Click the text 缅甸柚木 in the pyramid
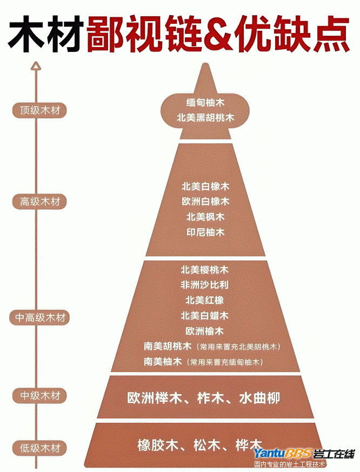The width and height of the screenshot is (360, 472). [205, 102]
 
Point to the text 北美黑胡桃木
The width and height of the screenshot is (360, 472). [205, 117]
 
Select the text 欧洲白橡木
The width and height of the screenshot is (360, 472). [205, 201]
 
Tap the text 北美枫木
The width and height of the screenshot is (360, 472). [205, 216]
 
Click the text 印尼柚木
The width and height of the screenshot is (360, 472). [205, 232]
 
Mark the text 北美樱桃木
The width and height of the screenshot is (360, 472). [205, 269]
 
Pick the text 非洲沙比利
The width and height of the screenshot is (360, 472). [205, 284]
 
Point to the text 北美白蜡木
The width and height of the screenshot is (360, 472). [205, 315]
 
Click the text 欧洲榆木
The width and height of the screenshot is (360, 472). [205, 330]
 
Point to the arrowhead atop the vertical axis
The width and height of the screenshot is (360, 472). [36, 66]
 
